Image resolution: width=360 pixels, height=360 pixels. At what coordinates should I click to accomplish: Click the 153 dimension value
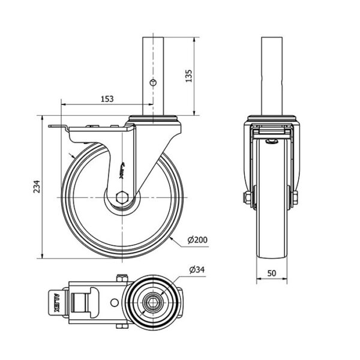click(x=107, y=99)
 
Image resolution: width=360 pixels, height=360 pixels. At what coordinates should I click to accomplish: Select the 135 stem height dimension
click(x=188, y=76)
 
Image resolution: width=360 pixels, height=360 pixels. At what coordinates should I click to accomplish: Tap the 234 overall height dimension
click(x=37, y=187)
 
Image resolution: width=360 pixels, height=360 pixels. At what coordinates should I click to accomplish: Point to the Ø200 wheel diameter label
click(x=197, y=239)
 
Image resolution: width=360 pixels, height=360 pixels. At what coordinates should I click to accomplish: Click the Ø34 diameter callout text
click(x=197, y=269)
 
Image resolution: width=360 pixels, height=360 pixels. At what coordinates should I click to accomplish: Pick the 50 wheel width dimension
click(x=272, y=273)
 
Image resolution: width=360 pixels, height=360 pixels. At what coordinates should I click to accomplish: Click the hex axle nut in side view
click(x=122, y=197)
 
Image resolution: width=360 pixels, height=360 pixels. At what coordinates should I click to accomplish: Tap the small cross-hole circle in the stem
click(x=152, y=82)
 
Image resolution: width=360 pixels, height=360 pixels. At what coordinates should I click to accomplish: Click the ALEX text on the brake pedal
click(x=56, y=303)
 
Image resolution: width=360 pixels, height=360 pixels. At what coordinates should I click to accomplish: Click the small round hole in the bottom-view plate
click(x=115, y=303)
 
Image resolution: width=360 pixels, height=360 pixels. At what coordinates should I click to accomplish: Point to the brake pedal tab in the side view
click(x=58, y=127)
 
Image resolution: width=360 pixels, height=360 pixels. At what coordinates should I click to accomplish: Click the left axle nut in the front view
click(x=247, y=197)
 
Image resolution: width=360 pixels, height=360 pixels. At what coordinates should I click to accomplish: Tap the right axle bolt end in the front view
click(x=295, y=197)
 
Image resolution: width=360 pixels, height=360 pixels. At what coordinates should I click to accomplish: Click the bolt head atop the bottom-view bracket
click(x=122, y=278)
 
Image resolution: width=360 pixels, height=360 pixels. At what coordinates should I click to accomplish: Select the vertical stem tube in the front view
click(x=272, y=76)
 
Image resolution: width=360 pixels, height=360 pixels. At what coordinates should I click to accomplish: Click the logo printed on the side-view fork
click(x=122, y=170)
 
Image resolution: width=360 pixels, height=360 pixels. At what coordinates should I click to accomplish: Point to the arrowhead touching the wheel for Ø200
click(x=172, y=239)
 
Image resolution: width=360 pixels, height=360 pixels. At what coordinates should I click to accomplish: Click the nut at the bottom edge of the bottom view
click(x=122, y=326)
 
